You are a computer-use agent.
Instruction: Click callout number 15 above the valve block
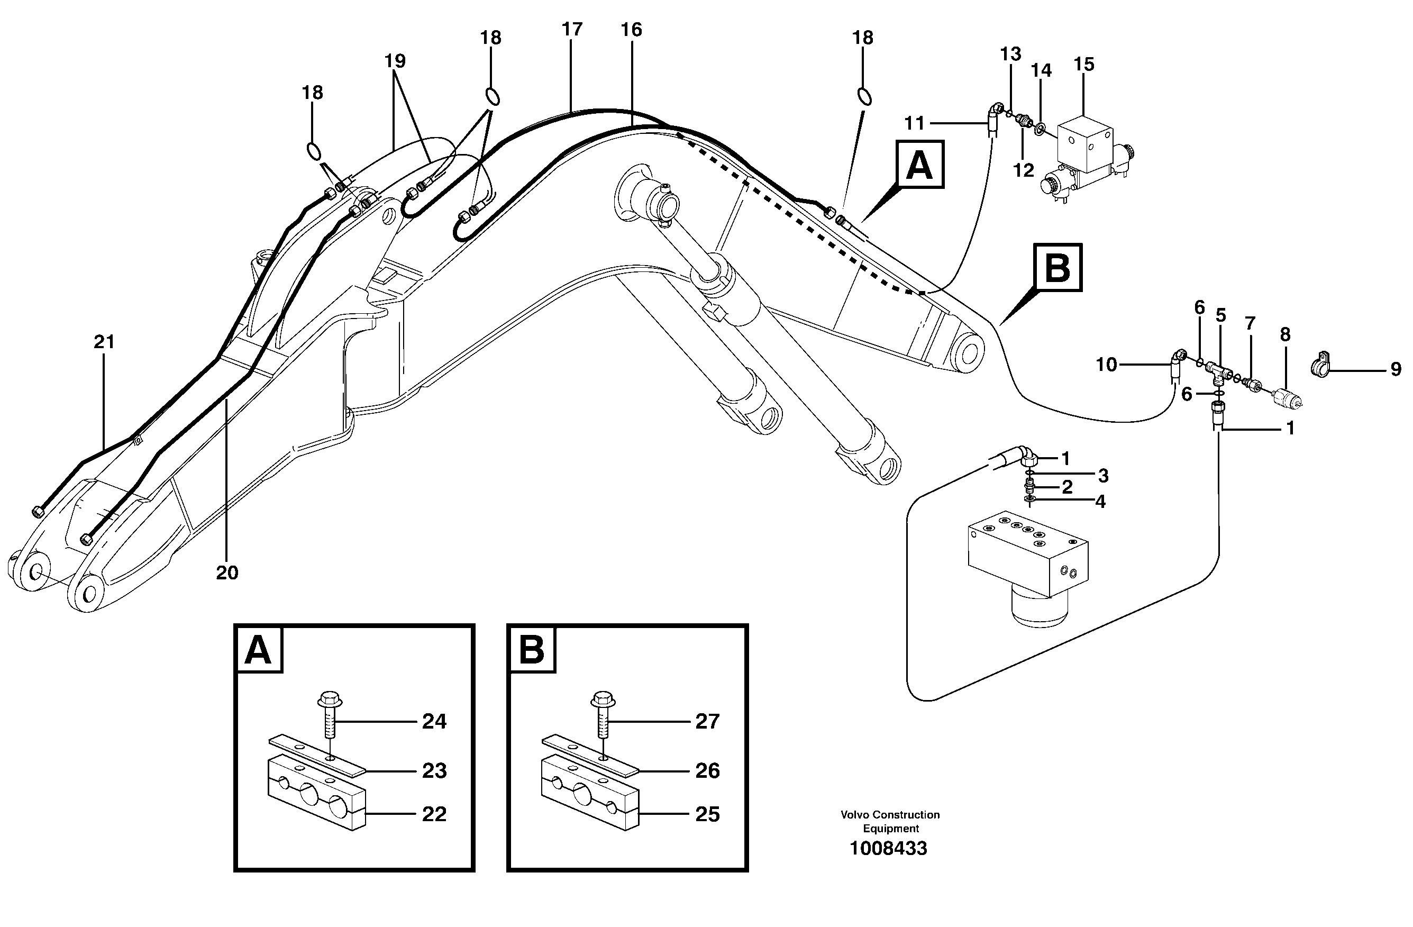tap(1083, 64)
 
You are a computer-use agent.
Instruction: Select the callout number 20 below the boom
tap(227, 573)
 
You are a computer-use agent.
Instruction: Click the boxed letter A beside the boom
tap(919, 165)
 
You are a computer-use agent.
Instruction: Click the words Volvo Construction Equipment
tap(890, 821)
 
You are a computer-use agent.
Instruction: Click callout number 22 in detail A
tap(434, 814)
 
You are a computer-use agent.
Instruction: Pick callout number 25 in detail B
tap(707, 814)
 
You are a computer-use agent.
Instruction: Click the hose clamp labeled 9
tap(1319, 368)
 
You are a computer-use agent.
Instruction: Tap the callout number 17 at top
tap(572, 29)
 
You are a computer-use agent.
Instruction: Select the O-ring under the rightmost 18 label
tap(864, 96)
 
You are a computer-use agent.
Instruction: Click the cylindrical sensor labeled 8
tap(1287, 397)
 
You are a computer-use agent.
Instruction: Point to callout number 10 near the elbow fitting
tap(1106, 365)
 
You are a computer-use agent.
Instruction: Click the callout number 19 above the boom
tap(395, 60)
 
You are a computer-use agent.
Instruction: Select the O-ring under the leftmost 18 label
tap(314, 151)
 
